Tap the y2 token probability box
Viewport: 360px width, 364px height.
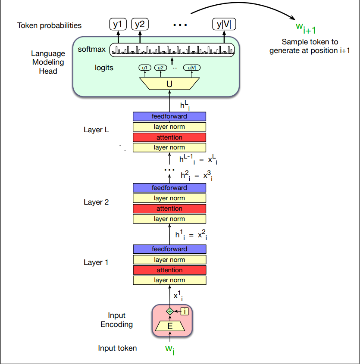[140, 25]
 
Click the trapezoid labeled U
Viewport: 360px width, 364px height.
[169, 84]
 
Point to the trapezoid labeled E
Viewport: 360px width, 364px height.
[170, 326]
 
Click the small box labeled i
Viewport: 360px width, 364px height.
[185, 311]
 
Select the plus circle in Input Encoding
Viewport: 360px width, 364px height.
[170, 311]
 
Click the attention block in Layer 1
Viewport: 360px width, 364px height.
[169, 270]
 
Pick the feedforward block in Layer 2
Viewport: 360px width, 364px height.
[169, 188]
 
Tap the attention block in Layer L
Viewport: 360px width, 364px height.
[169, 137]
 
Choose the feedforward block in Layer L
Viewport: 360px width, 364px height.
[169, 116]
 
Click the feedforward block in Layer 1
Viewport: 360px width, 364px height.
[169, 249]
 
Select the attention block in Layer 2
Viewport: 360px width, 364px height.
[169, 208]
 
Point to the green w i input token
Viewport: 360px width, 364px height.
[170, 349]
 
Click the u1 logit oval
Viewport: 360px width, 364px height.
[144, 68]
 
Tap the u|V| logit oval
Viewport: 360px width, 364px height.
[192, 68]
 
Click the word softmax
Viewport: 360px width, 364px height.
[91, 50]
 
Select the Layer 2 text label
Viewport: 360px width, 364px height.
[96, 202]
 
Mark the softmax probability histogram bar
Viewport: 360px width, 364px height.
[172, 50]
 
